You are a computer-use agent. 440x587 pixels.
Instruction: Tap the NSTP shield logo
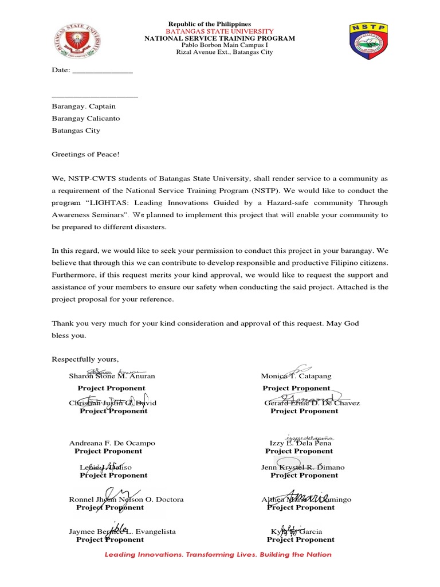click(x=369, y=42)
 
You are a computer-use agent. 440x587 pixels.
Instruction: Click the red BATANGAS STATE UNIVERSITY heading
click(x=220, y=31)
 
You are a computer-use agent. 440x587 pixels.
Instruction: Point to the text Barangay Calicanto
click(x=86, y=118)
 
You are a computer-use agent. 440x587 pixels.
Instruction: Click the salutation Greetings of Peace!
click(x=86, y=154)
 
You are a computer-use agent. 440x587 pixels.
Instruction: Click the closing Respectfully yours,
click(x=85, y=359)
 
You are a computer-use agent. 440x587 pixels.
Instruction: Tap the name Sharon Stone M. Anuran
click(x=112, y=376)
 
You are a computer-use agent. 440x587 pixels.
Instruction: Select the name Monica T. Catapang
click(x=296, y=376)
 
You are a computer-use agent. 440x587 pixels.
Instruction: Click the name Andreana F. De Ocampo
click(x=112, y=443)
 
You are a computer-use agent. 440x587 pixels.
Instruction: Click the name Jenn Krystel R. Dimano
click(x=302, y=467)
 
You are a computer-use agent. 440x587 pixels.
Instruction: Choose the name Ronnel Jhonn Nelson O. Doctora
click(x=126, y=499)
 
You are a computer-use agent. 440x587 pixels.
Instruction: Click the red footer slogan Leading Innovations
click(x=218, y=554)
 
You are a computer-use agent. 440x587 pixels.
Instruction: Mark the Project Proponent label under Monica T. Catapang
click(x=296, y=388)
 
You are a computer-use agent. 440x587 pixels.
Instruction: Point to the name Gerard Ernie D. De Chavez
click(x=312, y=403)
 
